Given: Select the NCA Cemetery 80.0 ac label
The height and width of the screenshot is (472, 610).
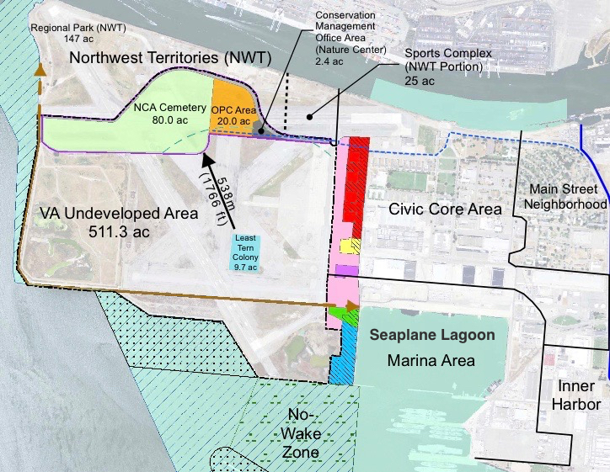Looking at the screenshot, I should coord(169,114).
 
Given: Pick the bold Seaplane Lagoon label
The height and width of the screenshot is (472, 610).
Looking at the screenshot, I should coord(432,335).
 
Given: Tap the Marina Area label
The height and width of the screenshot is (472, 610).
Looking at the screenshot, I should coord(431,361).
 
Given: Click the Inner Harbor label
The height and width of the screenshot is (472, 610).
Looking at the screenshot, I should coord(577,395).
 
